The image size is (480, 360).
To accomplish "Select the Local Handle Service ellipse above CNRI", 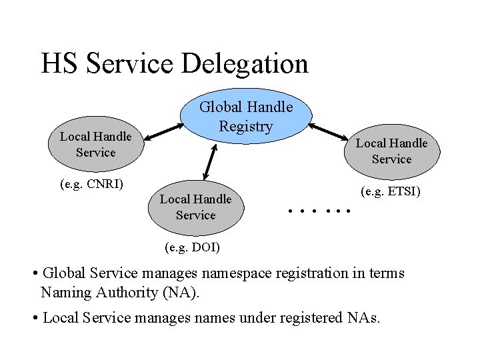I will [x=95, y=145].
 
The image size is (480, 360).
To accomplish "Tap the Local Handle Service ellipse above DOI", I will [x=195, y=207].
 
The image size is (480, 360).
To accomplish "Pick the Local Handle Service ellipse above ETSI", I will [x=391, y=151].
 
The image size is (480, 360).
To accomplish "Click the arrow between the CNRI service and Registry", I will [x=163, y=132].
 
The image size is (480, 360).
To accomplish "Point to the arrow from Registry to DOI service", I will [x=211, y=160].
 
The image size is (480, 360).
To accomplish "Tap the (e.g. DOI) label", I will [x=192, y=248].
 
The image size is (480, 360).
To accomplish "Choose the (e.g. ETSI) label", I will [x=391, y=192].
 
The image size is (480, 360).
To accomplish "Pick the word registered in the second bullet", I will [x=279, y=317].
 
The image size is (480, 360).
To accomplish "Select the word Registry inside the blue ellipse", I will [x=246, y=126].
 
